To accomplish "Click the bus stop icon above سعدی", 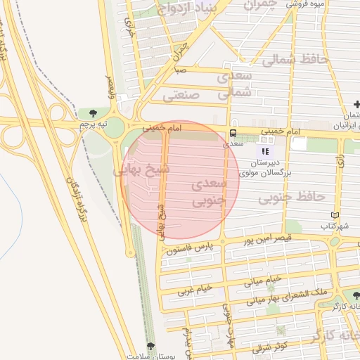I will (232, 133).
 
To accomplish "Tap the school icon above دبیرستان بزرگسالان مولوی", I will (265, 151).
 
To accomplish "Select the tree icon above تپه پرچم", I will (94, 112).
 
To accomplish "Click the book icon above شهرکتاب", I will (335, 215).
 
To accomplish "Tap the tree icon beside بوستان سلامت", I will (150, 346).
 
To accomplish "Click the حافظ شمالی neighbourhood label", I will (295, 60).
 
